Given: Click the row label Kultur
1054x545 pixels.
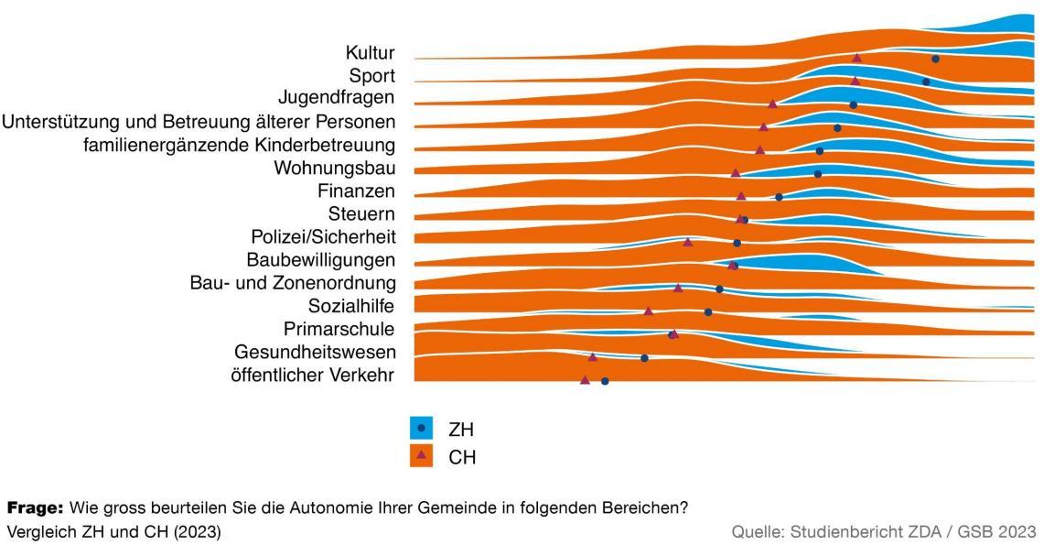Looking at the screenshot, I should pyautogui.click(x=370, y=53).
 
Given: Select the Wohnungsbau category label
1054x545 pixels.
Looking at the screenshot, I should pyautogui.click(x=334, y=168).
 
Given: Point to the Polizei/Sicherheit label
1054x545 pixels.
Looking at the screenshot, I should pyautogui.click(x=323, y=237).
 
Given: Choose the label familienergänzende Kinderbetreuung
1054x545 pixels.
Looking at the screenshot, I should pyautogui.click(x=239, y=145).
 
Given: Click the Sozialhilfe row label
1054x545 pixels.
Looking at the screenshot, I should pyautogui.click(x=351, y=305).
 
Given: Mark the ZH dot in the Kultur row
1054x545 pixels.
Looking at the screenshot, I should pyautogui.click(x=935, y=59).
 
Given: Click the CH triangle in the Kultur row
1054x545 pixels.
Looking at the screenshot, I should pyautogui.click(x=856, y=58).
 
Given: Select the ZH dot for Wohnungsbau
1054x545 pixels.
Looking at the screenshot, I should pyautogui.click(x=818, y=173).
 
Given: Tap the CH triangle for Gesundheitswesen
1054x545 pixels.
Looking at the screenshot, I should pyautogui.click(x=593, y=357).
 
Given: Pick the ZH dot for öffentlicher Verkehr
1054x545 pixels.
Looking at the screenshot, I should pyautogui.click(x=605, y=380).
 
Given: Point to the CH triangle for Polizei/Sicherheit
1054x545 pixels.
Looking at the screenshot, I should pyautogui.click(x=688, y=242).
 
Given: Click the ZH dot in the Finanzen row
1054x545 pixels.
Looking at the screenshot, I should pyautogui.click(x=779, y=197).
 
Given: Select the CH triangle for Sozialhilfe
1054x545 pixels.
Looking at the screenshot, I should pyautogui.click(x=649, y=311).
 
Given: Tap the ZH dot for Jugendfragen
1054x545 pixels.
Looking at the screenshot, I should pyautogui.click(x=853, y=104).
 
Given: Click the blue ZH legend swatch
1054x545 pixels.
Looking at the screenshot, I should pyautogui.click(x=421, y=428).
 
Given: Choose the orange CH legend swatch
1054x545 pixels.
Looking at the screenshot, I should pyautogui.click(x=421, y=455).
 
